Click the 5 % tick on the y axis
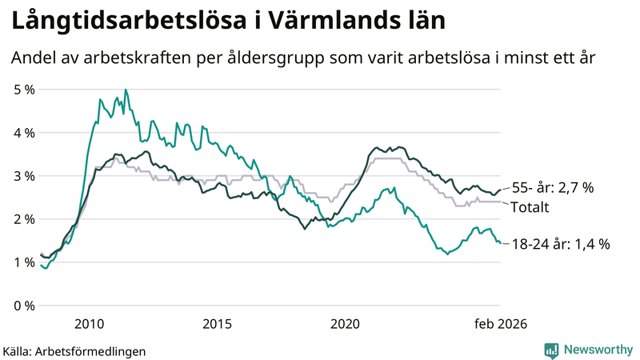(x=24, y=89)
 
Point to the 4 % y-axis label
(x=24, y=132)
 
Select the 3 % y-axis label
(x=24, y=175)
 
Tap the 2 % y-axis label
(x=24, y=218)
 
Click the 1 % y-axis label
(x=24, y=262)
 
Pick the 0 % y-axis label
(x=24, y=305)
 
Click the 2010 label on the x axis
(x=89, y=323)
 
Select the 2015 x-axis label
(x=217, y=323)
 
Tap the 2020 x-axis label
(x=345, y=323)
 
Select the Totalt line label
(x=530, y=207)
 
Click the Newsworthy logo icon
(x=551, y=350)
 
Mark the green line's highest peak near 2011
(x=126, y=90)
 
